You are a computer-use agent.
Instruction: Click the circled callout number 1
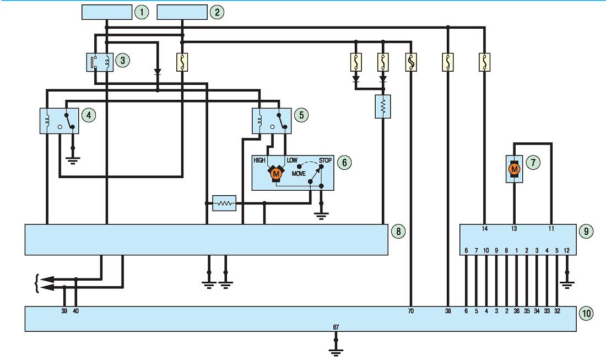tap(142, 12)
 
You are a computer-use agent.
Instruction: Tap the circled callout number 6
tap(344, 163)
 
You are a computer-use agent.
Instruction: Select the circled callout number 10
tap(586, 313)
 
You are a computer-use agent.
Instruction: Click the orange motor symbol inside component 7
tap(514, 169)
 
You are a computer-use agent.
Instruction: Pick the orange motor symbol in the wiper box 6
tap(275, 174)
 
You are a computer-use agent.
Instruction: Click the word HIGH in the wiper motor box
tap(259, 160)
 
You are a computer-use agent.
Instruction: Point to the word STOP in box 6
tap(325, 160)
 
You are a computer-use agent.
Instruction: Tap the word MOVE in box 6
tap(299, 174)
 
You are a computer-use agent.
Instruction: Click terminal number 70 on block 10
tap(410, 311)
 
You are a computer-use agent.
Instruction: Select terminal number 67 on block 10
tap(336, 327)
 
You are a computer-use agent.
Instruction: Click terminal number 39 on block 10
tap(64, 311)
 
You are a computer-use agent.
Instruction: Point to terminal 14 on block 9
tap(485, 229)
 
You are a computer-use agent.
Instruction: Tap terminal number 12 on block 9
tap(566, 251)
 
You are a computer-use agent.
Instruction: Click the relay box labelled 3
tap(100, 62)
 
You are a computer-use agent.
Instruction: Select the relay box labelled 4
tap(59, 121)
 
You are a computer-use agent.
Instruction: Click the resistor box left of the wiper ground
tap(225, 203)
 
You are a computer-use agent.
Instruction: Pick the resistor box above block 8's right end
tap(383, 106)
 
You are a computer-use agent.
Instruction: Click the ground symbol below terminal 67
tap(336, 352)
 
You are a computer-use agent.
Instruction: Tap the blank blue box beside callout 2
tap(182, 12)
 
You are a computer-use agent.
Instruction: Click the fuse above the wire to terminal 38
tap(447, 62)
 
